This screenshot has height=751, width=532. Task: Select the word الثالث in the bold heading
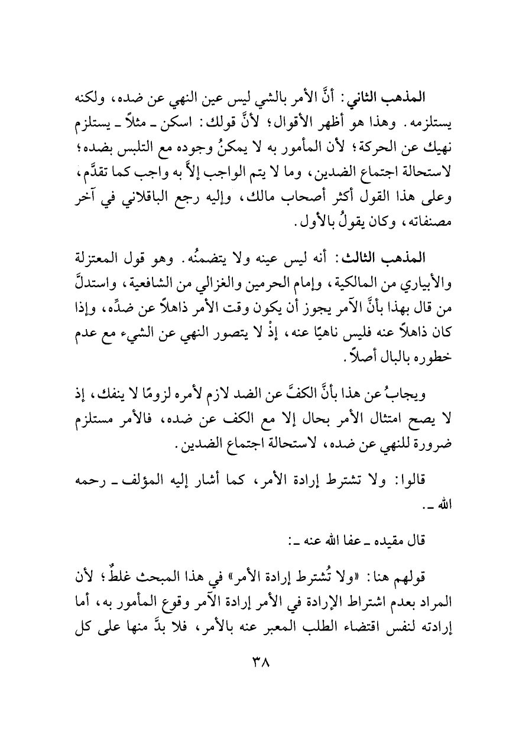[x=365, y=258]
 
